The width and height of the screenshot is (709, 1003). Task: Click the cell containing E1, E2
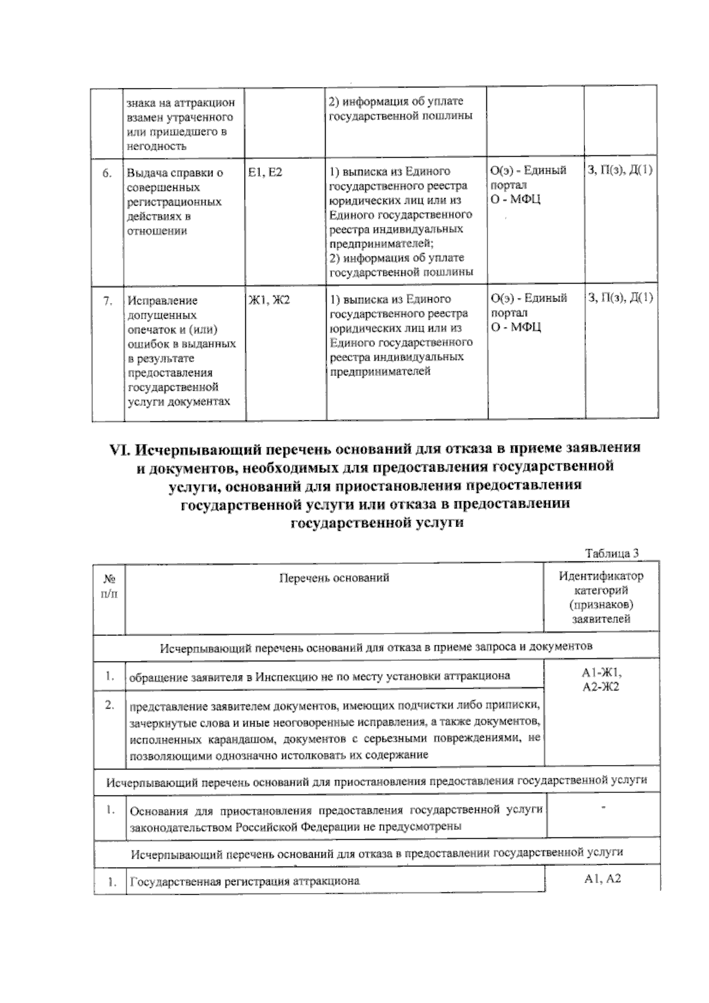(265, 172)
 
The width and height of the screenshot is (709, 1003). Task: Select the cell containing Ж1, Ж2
(269, 300)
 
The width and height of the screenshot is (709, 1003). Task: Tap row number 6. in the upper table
(107, 173)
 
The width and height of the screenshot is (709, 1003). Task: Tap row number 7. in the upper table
(108, 301)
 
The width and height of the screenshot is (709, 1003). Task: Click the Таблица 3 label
(612, 554)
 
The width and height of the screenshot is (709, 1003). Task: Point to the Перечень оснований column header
(334, 578)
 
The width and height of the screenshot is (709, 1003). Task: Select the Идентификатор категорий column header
(601, 597)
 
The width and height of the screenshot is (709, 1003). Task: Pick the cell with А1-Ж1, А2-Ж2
(601, 680)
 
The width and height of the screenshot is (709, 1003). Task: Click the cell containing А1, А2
(601, 879)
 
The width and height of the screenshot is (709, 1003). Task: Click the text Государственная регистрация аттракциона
(245, 881)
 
